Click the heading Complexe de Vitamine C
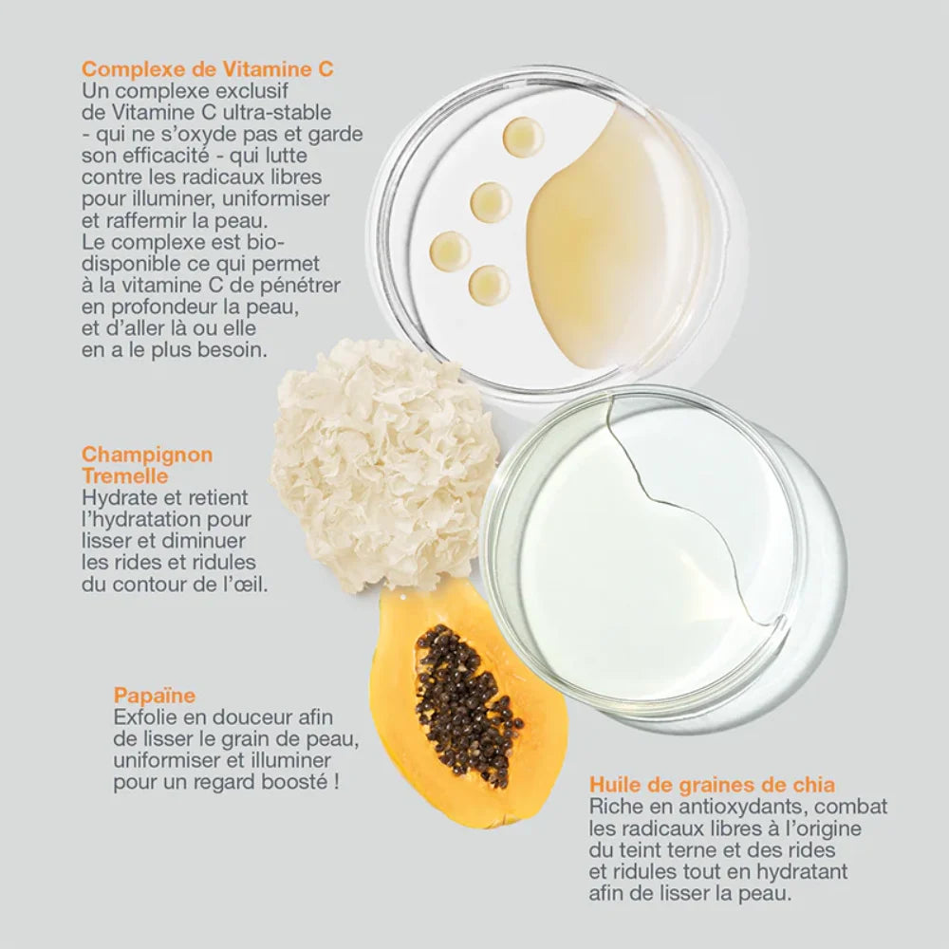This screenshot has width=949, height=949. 208,69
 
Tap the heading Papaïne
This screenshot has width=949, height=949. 155,695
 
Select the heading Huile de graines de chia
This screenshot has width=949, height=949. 712,785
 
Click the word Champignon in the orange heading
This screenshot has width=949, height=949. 147,455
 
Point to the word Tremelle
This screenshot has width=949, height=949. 124,475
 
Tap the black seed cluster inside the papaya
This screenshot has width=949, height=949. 465,704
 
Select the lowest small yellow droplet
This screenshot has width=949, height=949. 489,285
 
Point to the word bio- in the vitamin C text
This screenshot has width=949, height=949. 266,242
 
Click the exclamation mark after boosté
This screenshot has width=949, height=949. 336,782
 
